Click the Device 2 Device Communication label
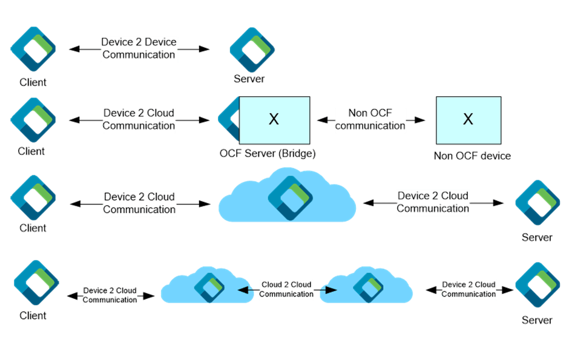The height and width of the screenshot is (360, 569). click(139, 48)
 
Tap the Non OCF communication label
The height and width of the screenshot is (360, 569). click(370, 120)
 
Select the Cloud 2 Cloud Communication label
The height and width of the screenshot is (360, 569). click(286, 289)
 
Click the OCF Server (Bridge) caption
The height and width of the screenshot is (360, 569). click(268, 154)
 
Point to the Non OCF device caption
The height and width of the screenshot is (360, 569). click(472, 156)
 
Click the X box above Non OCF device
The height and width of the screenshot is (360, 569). click(468, 119)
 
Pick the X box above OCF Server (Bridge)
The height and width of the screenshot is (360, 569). click(274, 119)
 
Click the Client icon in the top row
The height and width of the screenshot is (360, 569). click(33, 48)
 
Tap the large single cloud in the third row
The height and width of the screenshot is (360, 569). click(288, 197)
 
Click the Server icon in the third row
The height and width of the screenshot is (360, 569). click(536, 202)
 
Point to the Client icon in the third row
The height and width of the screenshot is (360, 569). click(33, 198)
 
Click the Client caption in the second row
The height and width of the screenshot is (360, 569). click(32, 151)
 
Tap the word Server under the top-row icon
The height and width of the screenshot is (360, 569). click(249, 79)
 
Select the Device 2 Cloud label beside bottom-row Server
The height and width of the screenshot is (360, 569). click(469, 289)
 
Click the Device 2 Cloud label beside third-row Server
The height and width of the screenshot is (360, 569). click(433, 202)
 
